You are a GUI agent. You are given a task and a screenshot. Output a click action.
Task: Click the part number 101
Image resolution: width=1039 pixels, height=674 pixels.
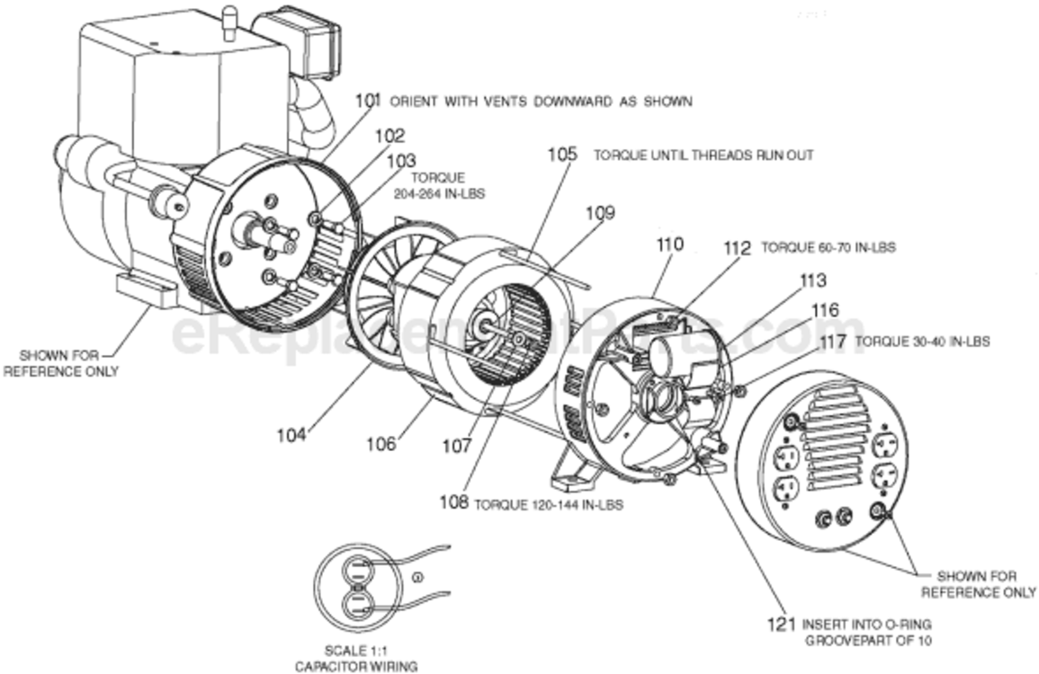pos(368,102)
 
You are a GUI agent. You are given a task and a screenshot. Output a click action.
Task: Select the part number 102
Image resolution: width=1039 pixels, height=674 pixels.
pos(390,137)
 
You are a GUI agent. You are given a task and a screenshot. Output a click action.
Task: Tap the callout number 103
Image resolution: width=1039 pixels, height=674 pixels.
pos(401,161)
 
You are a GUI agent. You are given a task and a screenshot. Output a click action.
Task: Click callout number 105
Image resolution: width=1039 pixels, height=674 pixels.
pos(562,155)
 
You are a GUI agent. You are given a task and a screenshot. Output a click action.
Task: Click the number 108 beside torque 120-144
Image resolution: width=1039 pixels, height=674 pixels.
pos(453,503)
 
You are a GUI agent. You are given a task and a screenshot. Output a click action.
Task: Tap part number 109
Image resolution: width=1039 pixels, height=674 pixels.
pos(600,213)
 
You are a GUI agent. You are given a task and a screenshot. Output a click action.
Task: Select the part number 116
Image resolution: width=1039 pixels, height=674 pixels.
pos(825,311)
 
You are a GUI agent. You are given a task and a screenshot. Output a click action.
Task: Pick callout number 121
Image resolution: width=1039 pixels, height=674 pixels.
pos(782,624)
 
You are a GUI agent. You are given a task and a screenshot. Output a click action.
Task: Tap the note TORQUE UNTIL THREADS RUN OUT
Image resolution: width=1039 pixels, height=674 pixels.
pos(703,155)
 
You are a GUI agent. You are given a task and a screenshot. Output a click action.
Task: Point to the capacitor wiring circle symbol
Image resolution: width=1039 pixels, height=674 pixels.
pos(356,583)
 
